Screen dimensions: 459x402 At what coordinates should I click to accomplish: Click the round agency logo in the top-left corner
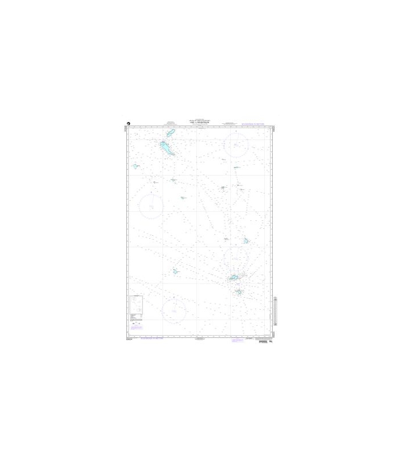coord(130,122)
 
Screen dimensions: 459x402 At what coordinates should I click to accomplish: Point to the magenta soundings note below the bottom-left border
coord(148,339)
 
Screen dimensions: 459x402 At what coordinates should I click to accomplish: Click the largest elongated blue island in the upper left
coord(167,149)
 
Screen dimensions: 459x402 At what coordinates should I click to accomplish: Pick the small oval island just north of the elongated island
coord(170,134)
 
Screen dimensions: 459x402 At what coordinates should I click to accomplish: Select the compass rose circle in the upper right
coord(236,145)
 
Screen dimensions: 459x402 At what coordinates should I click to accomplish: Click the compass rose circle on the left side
coord(151,205)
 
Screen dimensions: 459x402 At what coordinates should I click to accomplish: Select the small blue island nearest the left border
coord(136,166)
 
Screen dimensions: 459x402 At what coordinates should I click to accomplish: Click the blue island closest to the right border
coord(245,241)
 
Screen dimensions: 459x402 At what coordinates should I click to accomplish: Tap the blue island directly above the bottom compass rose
coord(175,271)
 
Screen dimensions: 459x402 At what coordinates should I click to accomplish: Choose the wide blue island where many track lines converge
coord(234,278)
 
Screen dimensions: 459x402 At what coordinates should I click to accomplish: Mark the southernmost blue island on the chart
coord(239,291)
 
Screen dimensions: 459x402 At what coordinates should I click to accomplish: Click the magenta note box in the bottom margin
coord(237,340)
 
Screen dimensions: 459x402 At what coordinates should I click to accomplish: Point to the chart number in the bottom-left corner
coord(129,339)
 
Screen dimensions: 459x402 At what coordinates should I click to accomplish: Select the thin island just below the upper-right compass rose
coord(236,168)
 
